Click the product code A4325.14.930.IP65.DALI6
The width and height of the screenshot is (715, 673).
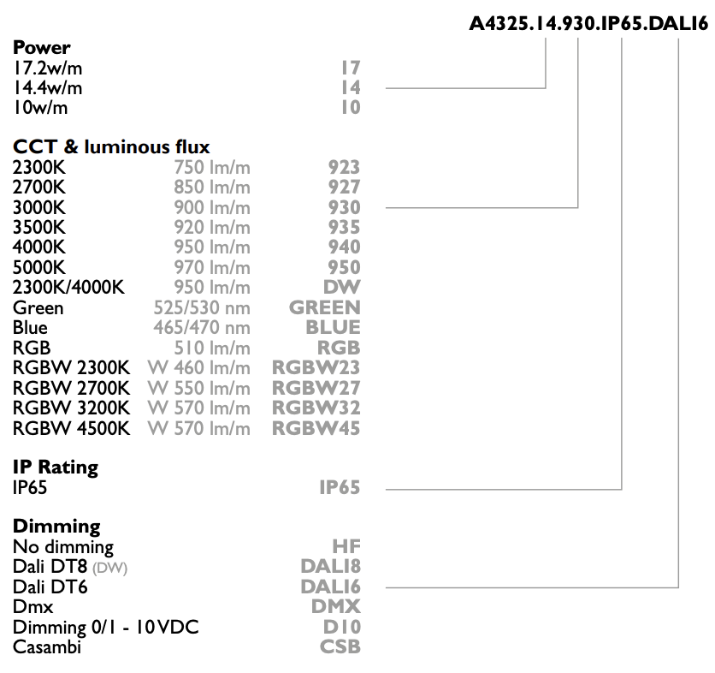tap(588, 23)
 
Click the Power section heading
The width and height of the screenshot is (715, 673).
tap(42, 47)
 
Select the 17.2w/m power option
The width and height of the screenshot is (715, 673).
tap(47, 68)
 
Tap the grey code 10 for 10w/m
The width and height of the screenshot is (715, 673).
tap(351, 108)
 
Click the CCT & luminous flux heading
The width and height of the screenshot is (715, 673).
tap(111, 147)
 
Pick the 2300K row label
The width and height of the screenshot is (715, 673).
tap(38, 168)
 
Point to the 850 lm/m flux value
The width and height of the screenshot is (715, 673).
tap(212, 188)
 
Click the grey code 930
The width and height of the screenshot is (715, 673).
tap(345, 207)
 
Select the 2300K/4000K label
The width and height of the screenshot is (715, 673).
tap(68, 288)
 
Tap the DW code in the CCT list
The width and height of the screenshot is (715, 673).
tap(342, 287)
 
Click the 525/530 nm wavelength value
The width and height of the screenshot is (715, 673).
tap(202, 307)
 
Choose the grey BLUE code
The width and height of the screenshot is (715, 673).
tap(333, 327)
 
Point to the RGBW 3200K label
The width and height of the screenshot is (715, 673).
tap(72, 408)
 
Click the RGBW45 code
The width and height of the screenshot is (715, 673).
tap(316, 428)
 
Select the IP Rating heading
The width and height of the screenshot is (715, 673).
tap(56, 468)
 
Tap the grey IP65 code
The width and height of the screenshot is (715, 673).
tap(340, 488)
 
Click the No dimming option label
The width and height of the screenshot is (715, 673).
tap(63, 547)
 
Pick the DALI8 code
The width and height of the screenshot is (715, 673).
tap(331, 567)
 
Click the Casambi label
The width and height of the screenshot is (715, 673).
tap(47, 647)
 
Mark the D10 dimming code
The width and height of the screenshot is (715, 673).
tap(341, 627)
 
